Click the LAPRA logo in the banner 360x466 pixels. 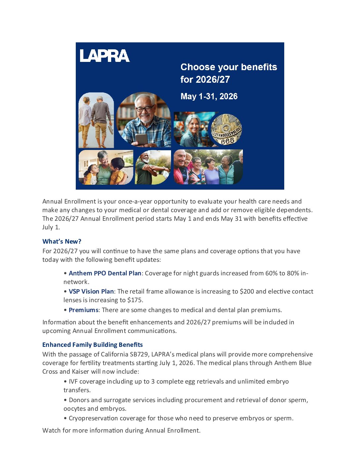[x=105, y=56]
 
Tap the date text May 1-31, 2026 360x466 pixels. [x=209, y=96]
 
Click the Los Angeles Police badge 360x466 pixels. [x=227, y=129]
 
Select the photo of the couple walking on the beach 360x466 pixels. [x=96, y=120]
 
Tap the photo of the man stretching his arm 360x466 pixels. [x=153, y=167]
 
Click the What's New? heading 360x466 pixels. [x=62, y=241]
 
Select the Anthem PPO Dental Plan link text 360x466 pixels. [x=105, y=273]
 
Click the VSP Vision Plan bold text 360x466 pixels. [x=91, y=291]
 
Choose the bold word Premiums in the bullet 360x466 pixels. [x=83, y=310]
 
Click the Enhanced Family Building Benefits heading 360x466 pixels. [x=93, y=345]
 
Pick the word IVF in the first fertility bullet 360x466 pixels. [x=73, y=381]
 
